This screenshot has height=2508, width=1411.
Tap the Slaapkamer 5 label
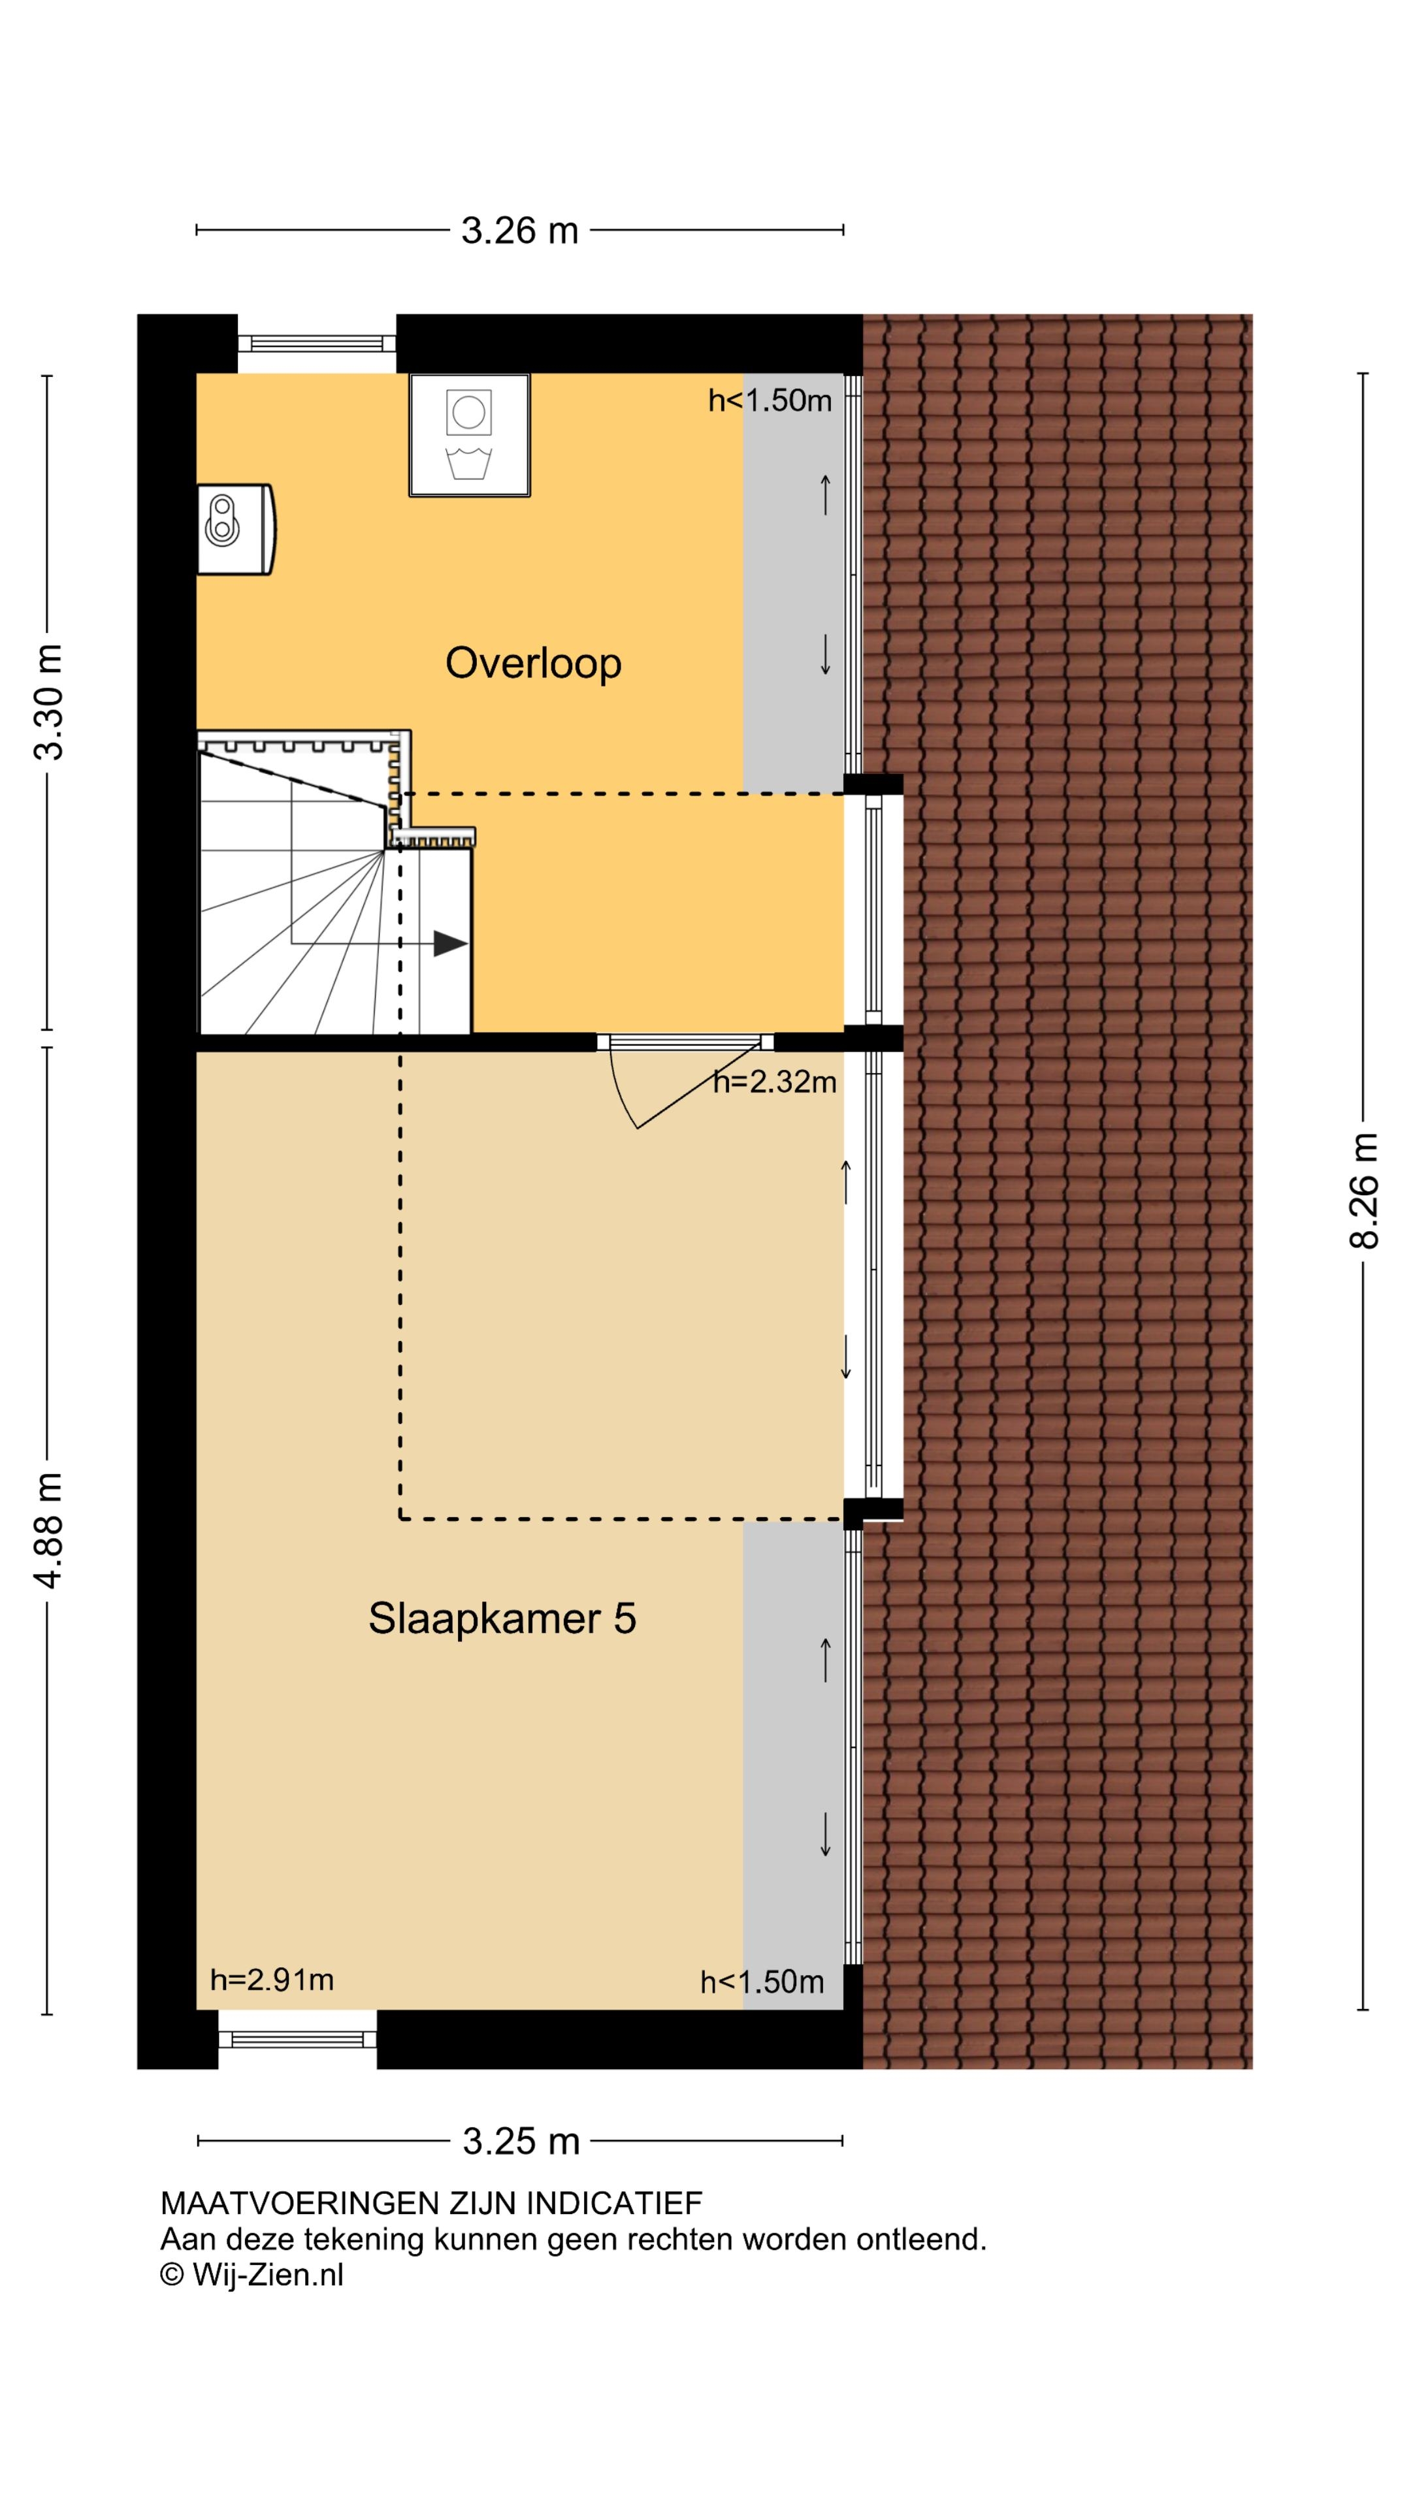tap(502, 1618)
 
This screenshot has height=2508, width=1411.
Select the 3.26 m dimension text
tap(519, 231)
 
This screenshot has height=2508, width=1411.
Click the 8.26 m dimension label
tap(1363, 1190)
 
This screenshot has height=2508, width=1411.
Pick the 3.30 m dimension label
tap(49, 701)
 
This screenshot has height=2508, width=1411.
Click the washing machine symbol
tap(470, 435)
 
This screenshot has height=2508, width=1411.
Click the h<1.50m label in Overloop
tap(770, 400)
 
